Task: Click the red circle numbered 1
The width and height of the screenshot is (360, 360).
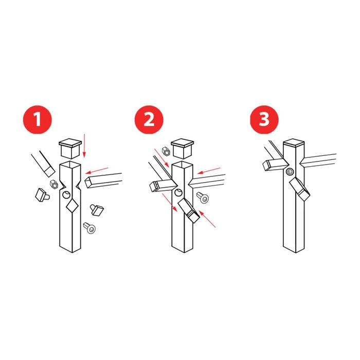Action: pos(38,119)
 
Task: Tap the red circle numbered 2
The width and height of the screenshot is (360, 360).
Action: pos(149,119)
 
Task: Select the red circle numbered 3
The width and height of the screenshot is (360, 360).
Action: pos(264,119)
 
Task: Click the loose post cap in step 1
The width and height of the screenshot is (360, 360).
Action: pos(70,148)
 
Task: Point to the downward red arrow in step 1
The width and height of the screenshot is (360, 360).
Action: pos(84,146)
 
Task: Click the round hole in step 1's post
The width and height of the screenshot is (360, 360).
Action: pos(66,195)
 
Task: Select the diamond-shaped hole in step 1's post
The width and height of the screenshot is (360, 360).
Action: pos(72,206)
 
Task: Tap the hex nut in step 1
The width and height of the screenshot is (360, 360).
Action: pos(53,184)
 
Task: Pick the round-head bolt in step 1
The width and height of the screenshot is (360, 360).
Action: pos(89,228)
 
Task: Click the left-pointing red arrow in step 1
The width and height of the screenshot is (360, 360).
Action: pos(97,171)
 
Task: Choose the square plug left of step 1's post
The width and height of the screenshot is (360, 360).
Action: pos(42,195)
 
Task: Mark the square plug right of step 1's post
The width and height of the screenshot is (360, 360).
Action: pos(97,210)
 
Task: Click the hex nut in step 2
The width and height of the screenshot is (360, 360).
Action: pos(166,152)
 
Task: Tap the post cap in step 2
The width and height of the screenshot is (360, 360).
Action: pos(182,148)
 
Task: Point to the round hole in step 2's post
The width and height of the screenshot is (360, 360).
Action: pos(178,193)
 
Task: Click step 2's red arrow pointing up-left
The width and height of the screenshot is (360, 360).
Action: pos(207,219)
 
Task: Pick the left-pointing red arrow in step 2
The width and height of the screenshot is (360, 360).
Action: pos(208,171)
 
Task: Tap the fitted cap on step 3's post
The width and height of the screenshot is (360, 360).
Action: pos(294,142)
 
